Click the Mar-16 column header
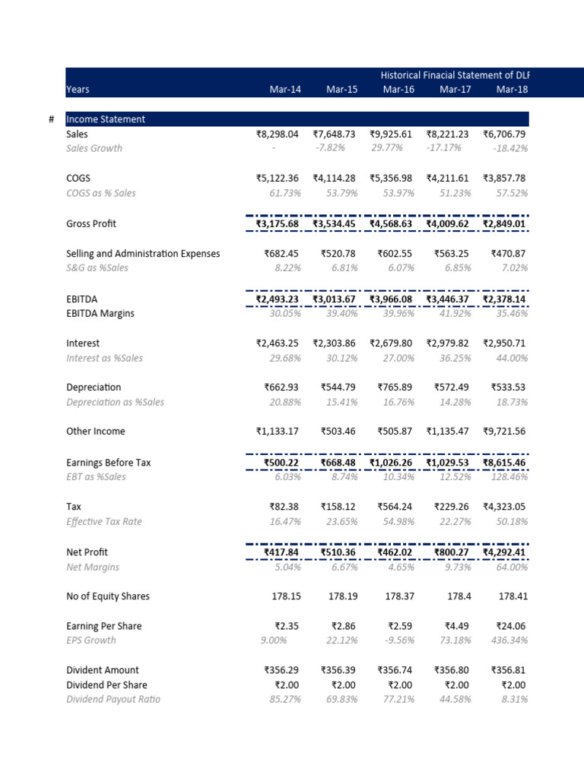(398, 90)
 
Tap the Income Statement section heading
(106, 119)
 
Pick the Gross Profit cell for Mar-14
(278, 224)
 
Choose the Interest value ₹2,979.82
(449, 343)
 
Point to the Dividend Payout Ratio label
(113, 699)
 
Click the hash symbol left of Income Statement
(51, 119)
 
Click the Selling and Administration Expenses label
(143, 254)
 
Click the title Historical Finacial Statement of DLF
(455, 75)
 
